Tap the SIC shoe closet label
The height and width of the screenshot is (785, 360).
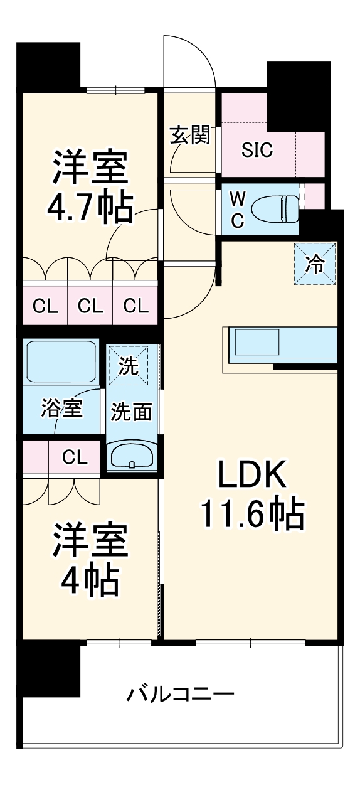pos(258,151)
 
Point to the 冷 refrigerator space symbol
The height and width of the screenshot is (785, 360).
pos(316,264)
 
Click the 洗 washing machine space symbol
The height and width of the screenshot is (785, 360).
pos(129,366)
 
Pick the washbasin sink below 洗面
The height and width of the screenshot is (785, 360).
pos(132,456)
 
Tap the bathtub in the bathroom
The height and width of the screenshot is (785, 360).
pos(60,361)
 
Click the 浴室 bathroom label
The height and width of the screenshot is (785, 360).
pos(62,409)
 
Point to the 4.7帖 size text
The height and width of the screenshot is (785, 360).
pos(90,208)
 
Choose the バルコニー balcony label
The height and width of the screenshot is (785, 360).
pos(181,695)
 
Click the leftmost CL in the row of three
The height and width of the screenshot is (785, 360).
pos(45,306)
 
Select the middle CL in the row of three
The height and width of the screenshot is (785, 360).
pos(90,306)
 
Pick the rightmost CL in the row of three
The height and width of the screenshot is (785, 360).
pos(135,306)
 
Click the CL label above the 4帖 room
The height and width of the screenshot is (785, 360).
pos(75,457)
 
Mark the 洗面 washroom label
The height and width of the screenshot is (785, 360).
pos(132,412)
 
